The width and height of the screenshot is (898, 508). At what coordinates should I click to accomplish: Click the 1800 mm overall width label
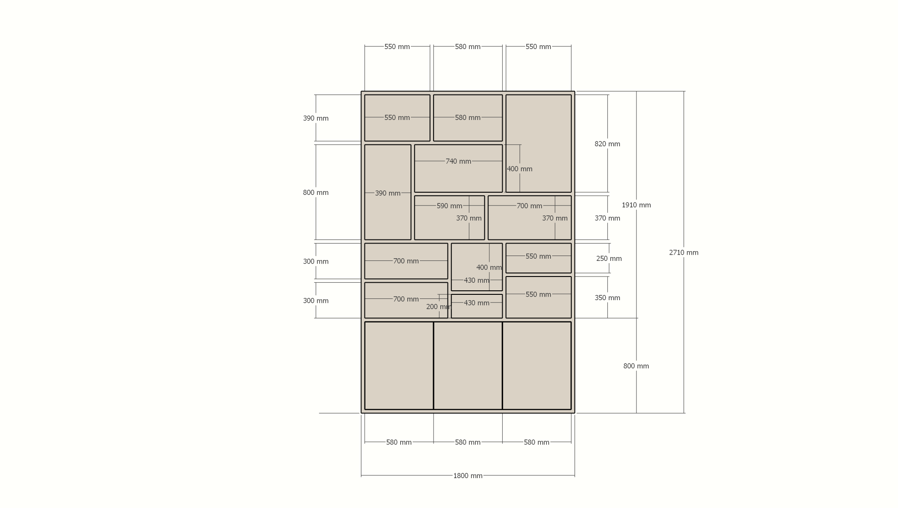pyautogui.click(x=467, y=475)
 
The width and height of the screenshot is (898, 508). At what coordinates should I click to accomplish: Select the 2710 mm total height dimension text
pyautogui.click(x=683, y=252)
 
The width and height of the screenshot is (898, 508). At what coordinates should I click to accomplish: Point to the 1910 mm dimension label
pyautogui.click(x=636, y=205)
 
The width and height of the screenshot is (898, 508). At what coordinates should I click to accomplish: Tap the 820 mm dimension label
pyautogui.click(x=607, y=144)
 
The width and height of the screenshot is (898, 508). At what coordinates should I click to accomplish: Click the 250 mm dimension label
pyautogui.click(x=609, y=259)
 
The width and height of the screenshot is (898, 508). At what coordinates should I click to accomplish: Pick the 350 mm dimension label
pyautogui.click(x=607, y=298)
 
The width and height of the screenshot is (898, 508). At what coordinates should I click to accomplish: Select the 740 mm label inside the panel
pyautogui.click(x=458, y=161)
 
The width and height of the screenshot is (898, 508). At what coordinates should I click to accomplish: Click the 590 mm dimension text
pyautogui.click(x=449, y=206)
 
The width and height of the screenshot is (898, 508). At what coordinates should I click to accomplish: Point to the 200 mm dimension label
pyautogui.click(x=439, y=307)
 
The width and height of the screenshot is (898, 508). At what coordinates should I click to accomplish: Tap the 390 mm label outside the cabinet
pyautogui.click(x=316, y=118)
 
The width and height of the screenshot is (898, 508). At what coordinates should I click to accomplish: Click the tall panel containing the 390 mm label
pyautogui.click(x=388, y=192)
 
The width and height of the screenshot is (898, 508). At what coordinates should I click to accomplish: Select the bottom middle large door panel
pyautogui.click(x=468, y=366)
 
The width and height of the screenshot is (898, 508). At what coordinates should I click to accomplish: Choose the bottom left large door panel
pyautogui.click(x=399, y=366)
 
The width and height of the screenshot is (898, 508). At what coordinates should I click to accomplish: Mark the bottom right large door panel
pyautogui.click(x=537, y=366)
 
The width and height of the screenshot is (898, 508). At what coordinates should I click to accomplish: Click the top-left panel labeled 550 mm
pyautogui.click(x=397, y=118)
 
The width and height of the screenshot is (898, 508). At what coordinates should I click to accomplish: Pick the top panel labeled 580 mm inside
pyautogui.click(x=468, y=118)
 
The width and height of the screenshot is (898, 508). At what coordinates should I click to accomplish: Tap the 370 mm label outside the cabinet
pyautogui.click(x=607, y=219)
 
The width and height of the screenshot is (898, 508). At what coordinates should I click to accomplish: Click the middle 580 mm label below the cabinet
pyautogui.click(x=467, y=442)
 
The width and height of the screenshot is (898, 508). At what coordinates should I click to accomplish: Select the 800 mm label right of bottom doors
pyautogui.click(x=636, y=366)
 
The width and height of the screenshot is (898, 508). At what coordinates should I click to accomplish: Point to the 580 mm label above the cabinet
pyautogui.click(x=467, y=47)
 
